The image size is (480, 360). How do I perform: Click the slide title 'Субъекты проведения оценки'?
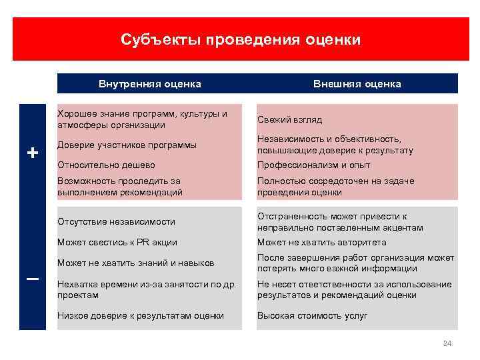(x=241, y=40)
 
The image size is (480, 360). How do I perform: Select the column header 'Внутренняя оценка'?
(x=150, y=84)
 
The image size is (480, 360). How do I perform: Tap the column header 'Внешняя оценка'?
(x=357, y=84)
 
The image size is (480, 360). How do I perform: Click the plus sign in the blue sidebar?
(x=32, y=153)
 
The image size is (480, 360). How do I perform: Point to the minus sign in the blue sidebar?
(x=32, y=279)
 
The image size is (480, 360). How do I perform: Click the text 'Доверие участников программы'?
(x=127, y=145)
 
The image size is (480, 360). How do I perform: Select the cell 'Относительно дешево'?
(x=106, y=165)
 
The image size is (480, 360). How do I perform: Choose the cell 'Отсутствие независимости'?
(x=117, y=221)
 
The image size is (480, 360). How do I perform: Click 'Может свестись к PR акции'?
(x=117, y=242)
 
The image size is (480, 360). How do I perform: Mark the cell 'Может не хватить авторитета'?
(x=321, y=242)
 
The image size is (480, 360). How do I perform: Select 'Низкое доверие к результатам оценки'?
(x=141, y=315)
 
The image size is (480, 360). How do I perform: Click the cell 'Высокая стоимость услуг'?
(x=312, y=315)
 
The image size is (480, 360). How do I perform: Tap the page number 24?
(x=447, y=343)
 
